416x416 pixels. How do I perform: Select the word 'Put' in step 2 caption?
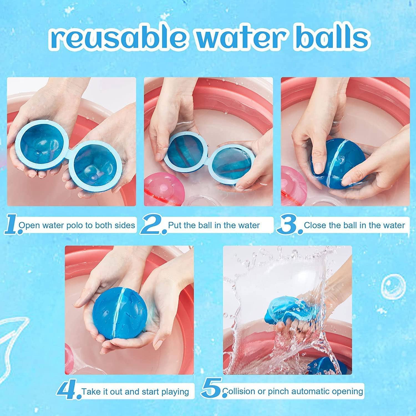175,225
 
